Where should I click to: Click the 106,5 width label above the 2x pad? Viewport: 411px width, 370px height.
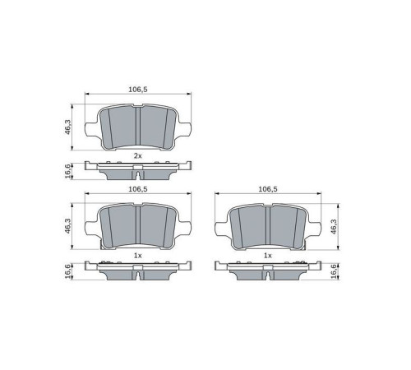(x=138, y=90)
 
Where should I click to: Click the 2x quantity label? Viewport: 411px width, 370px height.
(x=138, y=155)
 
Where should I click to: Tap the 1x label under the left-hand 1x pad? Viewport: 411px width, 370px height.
(x=138, y=256)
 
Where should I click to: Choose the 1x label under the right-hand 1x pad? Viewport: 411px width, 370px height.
(x=267, y=256)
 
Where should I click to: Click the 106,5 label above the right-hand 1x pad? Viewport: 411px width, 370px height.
(x=267, y=190)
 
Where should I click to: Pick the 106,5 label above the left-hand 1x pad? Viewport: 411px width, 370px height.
(x=138, y=190)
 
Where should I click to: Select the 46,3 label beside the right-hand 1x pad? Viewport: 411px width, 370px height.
(x=335, y=226)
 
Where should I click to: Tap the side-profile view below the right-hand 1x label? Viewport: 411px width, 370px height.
(x=267, y=269)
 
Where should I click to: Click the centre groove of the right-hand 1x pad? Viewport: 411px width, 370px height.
(x=267, y=226)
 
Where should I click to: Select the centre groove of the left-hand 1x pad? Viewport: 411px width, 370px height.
(x=138, y=226)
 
